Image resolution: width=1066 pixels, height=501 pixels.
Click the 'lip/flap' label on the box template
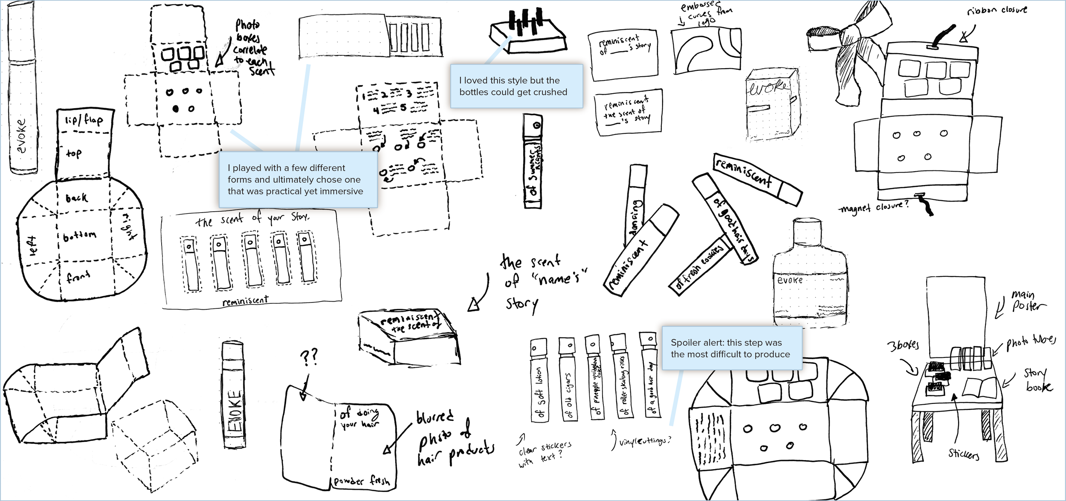(84, 120)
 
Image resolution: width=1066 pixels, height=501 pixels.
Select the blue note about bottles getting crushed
(516, 86)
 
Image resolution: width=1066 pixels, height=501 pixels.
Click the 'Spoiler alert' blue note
(731, 348)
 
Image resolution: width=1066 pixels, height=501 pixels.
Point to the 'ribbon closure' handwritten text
(996, 10)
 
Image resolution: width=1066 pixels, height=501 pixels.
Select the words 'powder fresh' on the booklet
(361, 481)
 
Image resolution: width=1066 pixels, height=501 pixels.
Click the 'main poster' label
(1028, 300)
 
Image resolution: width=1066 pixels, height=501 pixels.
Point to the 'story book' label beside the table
(1037, 380)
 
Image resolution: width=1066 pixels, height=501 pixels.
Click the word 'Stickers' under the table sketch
(963, 454)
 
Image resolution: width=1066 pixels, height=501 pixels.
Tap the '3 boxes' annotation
(903, 345)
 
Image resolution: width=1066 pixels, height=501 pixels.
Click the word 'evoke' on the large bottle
(790, 280)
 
